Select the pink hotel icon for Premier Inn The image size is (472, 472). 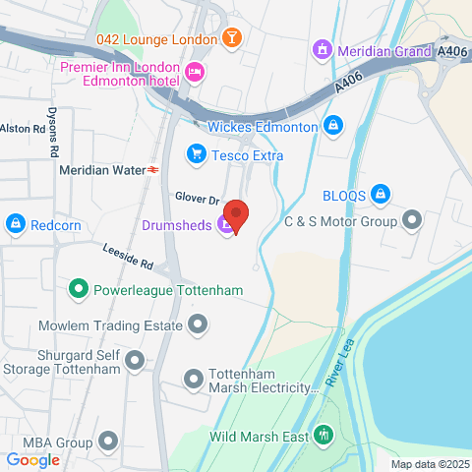coord(195,71)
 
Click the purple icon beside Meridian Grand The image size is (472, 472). coord(321,48)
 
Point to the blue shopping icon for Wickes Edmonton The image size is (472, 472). coord(334,127)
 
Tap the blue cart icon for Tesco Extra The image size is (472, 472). coord(196,154)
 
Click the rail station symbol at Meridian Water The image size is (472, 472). coord(154,169)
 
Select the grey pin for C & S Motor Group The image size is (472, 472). coord(412,220)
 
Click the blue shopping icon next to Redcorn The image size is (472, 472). coord(15,225)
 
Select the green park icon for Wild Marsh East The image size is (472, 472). coord(324,435)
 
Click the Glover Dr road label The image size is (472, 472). coord(196,198)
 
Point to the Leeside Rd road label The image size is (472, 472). coord(129,258)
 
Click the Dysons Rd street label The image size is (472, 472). coord(53,131)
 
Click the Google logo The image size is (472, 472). coord(33,458)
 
